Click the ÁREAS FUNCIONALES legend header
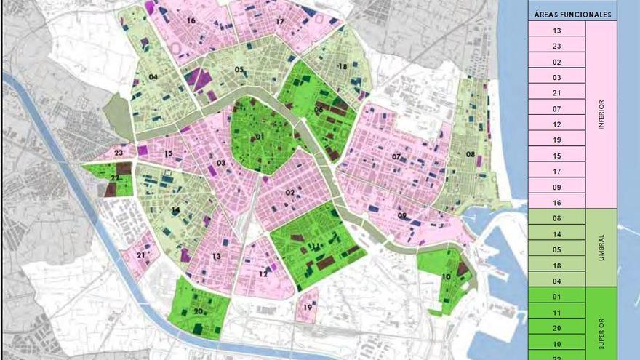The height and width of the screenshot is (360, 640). click(572, 14)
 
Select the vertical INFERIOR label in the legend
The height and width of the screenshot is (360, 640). click(601, 115)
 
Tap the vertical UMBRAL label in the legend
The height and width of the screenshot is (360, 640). click(601, 247)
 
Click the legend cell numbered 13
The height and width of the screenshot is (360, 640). click(557, 30)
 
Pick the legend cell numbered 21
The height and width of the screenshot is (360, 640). click(557, 92)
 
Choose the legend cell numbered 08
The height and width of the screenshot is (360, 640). click(557, 218)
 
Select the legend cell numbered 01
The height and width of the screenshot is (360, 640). click(557, 296)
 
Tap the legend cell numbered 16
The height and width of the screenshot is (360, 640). click(557, 202)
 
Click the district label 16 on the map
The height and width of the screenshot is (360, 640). click(191, 21)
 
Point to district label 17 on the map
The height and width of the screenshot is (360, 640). click(280, 22)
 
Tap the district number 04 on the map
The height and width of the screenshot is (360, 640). click(153, 76)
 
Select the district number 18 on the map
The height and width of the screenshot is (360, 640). click(342, 66)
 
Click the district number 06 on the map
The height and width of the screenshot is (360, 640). click(319, 110)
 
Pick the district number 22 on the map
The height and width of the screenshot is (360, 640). click(115, 178)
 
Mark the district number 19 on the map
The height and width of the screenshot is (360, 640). click(308, 308)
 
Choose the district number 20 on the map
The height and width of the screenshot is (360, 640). click(198, 311)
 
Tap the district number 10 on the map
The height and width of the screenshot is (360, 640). click(445, 277)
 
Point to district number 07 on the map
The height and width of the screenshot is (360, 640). click(396, 157)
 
